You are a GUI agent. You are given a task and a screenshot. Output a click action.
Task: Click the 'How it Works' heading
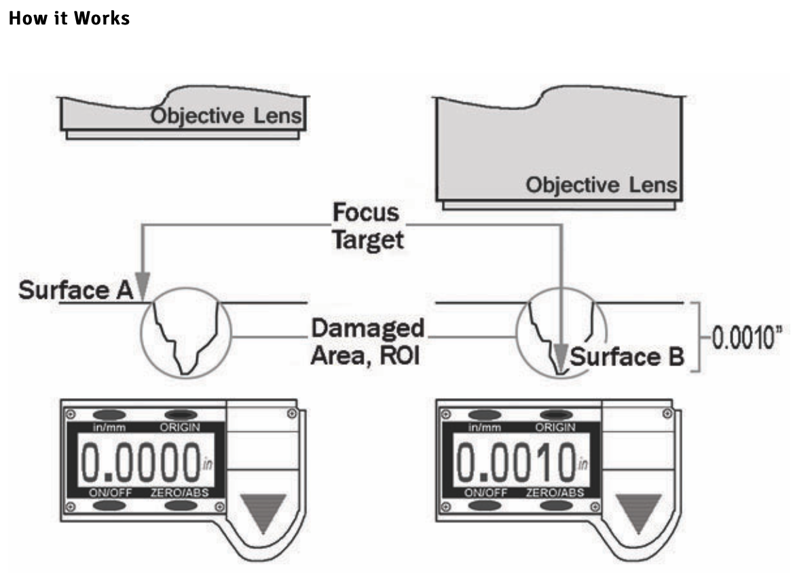[69, 18]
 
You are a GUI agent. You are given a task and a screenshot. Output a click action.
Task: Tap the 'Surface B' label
[626, 357]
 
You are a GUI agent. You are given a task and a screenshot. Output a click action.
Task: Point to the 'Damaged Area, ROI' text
[367, 342]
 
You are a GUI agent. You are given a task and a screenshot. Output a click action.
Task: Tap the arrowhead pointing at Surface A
[142, 285]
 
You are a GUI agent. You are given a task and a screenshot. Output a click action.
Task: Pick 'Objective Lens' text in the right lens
[602, 185]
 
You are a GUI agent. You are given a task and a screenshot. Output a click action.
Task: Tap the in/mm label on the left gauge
[109, 427]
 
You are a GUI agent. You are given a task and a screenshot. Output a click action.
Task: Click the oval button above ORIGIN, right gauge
[555, 414]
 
